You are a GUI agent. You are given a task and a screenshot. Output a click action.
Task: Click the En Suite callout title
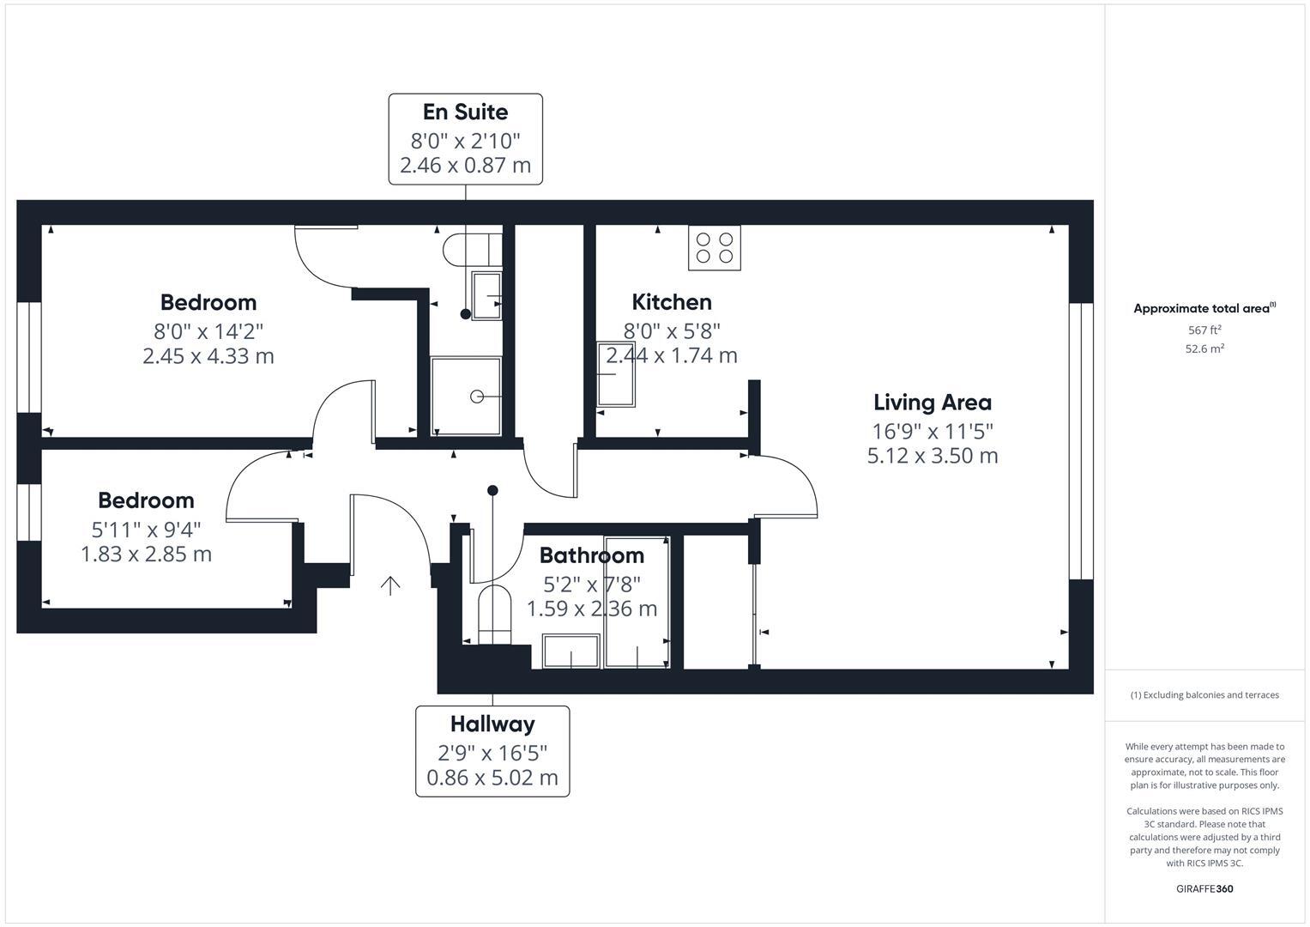[465, 112]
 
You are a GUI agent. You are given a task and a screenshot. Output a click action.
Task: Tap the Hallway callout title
[492, 724]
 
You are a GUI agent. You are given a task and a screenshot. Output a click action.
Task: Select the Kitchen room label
[672, 302]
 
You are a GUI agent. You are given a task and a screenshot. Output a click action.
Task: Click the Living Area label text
[933, 403]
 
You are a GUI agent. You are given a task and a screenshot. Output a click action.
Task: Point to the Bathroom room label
[591, 555]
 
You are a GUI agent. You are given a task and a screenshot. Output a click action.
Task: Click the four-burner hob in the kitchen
[715, 248]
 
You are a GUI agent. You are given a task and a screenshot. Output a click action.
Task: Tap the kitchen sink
[616, 375]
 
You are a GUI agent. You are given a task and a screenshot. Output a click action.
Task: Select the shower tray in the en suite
[466, 396]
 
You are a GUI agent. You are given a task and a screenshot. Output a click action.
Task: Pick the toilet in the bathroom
[494, 613]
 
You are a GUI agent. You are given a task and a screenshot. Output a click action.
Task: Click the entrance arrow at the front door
[390, 585]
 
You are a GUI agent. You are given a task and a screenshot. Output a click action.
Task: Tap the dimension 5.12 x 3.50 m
[933, 456]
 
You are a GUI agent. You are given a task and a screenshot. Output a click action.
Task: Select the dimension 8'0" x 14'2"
[208, 330]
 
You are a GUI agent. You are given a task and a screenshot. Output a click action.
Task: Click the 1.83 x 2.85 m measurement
[146, 554]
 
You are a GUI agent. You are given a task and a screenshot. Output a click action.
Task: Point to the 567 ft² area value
[1204, 330]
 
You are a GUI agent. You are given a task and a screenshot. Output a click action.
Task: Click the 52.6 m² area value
[1204, 348]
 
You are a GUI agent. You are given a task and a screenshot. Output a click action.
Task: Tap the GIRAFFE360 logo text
[1204, 888]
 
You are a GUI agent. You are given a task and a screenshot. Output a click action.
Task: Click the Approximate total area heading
[1203, 309]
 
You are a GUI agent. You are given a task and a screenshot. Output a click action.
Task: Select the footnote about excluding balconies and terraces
[1204, 695]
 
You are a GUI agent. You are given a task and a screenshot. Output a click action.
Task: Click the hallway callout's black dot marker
[492, 491]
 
